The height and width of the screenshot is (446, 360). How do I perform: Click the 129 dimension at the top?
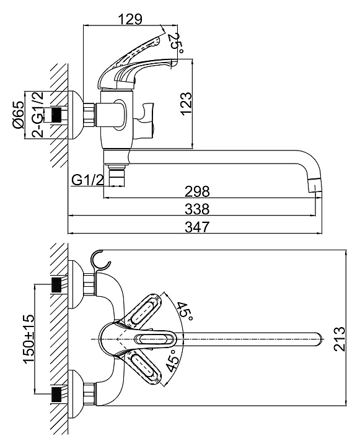(130, 19)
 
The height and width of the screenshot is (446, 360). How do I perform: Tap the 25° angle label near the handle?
(177, 43)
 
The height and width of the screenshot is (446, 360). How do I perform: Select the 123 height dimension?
(186, 103)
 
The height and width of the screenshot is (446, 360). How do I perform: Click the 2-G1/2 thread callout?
(38, 115)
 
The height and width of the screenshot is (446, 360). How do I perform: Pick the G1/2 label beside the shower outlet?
(87, 180)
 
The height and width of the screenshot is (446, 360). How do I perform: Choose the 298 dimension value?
(197, 191)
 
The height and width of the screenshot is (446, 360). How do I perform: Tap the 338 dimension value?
(197, 209)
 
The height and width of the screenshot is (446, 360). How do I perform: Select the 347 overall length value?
(197, 227)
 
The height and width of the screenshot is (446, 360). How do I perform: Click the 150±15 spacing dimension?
(29, 339)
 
